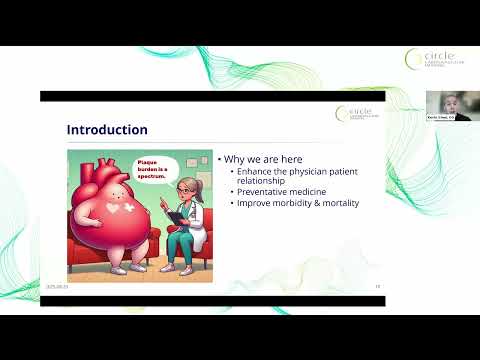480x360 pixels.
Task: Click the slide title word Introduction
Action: [x=107, y=130]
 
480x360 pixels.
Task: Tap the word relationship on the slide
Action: [x=257, y=183]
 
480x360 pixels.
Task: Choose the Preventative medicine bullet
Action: [x=275, y=194]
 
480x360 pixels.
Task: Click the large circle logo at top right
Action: [x=431, y=61]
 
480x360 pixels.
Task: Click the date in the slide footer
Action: [x=56, y=285]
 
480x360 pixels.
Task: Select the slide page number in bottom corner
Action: [x=378, y=285]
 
